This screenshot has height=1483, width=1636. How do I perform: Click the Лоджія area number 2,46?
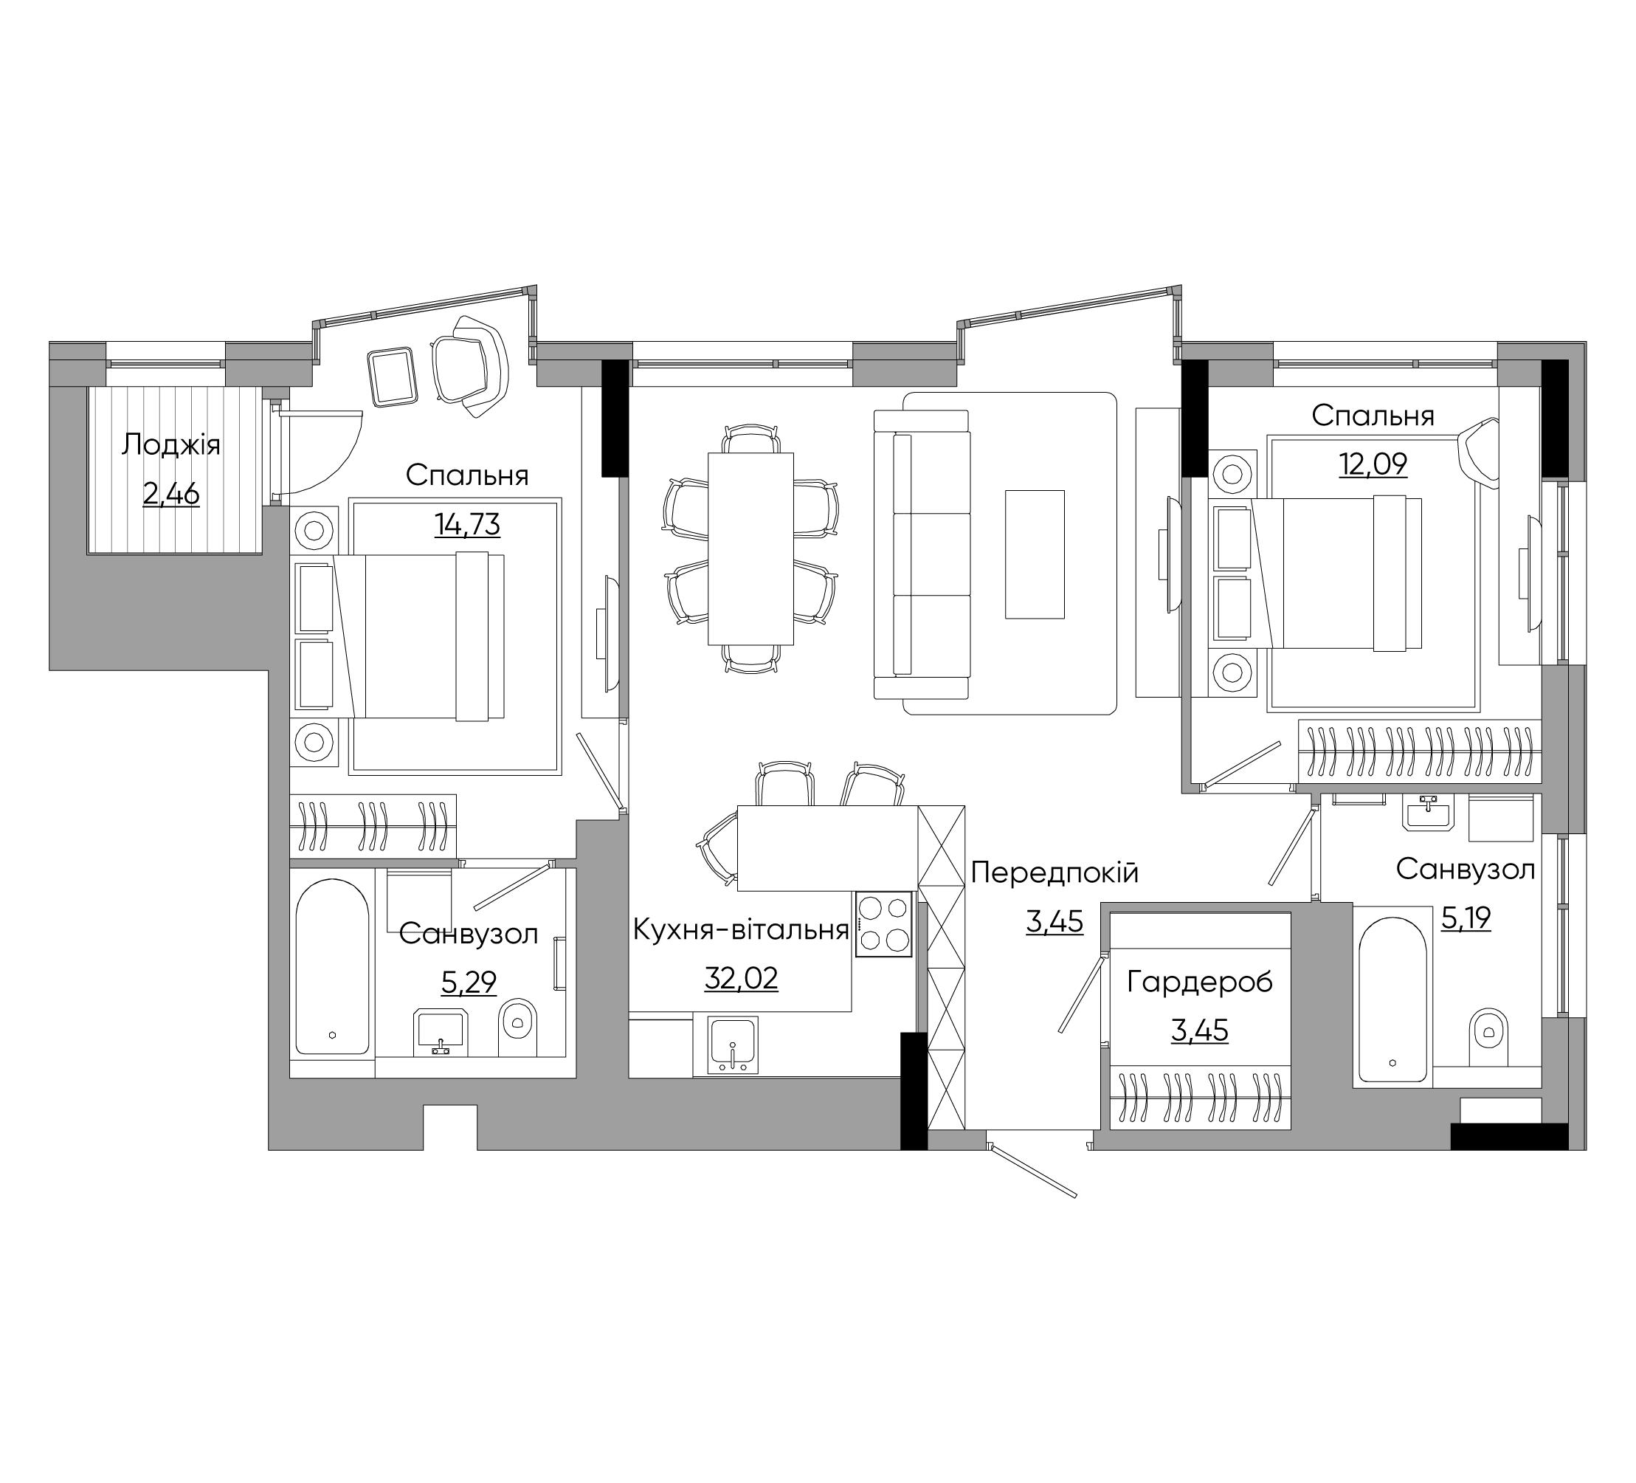171,494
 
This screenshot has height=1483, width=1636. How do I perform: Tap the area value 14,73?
467,524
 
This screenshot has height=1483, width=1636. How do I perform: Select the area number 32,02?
741,978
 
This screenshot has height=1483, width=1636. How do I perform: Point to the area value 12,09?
1373,464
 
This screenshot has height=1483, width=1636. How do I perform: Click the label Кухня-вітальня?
741,929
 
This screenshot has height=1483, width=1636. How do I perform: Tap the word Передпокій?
1055,873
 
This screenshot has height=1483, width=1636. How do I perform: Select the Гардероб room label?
1200,983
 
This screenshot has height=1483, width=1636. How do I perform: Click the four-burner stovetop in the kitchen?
884,923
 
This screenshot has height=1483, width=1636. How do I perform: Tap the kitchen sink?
733,1045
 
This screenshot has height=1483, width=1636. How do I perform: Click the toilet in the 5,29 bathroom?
518,1028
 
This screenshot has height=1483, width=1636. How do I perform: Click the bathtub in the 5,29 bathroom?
333,966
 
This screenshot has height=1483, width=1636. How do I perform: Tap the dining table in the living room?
750,548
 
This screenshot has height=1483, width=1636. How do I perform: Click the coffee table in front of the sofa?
1035,554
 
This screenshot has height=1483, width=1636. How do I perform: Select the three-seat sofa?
922,554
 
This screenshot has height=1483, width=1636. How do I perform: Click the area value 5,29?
469,983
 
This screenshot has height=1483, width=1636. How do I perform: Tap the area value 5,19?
1466,918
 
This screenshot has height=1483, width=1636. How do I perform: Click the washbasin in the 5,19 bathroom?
1427,813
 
